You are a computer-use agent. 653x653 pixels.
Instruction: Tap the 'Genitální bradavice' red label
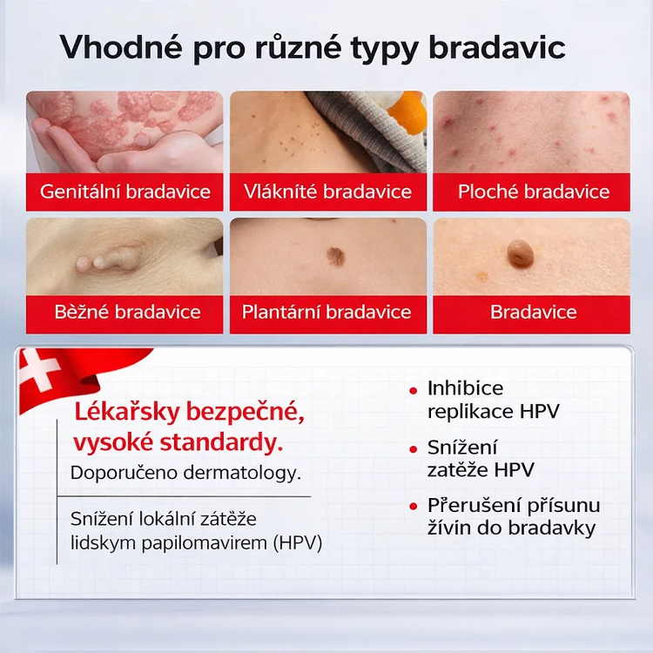pos(125,192)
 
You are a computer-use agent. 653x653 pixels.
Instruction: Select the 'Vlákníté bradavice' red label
pos(328,192)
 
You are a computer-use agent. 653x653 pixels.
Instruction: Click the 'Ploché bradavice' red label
pos(533,192)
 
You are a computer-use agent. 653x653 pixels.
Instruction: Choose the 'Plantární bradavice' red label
pos(326,312)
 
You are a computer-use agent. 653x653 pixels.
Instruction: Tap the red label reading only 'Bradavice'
pos(533,312)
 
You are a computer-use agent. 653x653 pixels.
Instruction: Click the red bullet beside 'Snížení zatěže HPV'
pos(413,450)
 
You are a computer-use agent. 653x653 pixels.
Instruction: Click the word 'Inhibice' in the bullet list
pos(465,388)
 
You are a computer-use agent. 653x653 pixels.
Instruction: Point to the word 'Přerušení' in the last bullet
pos(468,506)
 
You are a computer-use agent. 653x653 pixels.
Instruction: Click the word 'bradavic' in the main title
pos(497,48)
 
